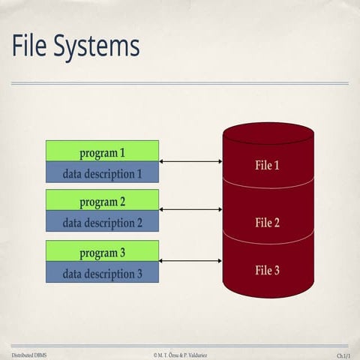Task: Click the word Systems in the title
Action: [x=98, y=47]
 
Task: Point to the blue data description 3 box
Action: [x=102, y=272]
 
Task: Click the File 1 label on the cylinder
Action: [x=268, y=164]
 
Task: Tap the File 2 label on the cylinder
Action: [x=268, y=222]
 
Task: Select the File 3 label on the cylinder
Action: [x=268, y=270]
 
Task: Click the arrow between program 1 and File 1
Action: [x=191, y=161]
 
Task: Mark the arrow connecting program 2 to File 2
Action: [x=191, y=210]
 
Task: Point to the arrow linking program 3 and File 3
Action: [x=191, y=261]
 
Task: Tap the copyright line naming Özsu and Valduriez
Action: [x=180, y=353]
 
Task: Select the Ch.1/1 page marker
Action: [x=343, y=353]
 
